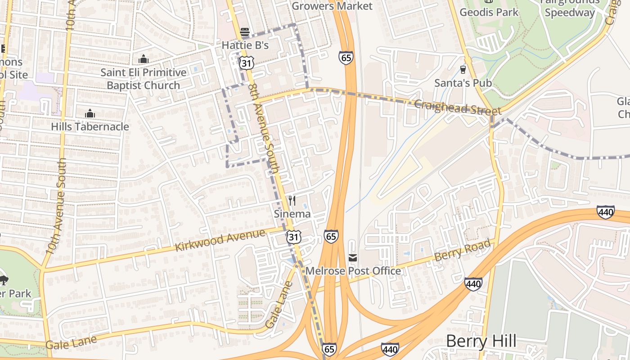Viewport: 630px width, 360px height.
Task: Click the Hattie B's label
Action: pos(245,45)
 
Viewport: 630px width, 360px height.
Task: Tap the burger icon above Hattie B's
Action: pos(245,32)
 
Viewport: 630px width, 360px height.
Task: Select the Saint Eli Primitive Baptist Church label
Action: pos(143,79)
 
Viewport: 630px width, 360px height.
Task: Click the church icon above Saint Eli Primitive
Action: pos(143,59)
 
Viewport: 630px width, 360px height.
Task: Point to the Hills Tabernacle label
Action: pos(90,126)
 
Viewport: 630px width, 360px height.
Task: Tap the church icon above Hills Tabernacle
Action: pos(90,113)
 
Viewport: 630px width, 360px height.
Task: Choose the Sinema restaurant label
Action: pos(292,214)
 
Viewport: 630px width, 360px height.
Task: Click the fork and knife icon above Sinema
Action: pos(292,200)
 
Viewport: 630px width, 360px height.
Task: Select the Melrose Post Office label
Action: pos(353,271)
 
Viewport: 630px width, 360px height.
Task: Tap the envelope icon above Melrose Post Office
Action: pos(353,257)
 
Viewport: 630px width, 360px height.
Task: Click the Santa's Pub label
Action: pos(463,83)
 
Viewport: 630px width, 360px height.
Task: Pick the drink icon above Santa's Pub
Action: pos(463,69)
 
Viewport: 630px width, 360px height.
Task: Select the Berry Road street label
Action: pos(462,250)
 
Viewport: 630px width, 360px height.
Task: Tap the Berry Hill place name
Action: pos(481,342)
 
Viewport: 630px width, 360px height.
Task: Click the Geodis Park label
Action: pos(489,12)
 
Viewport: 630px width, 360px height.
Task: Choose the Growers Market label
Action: pos(332,6)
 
